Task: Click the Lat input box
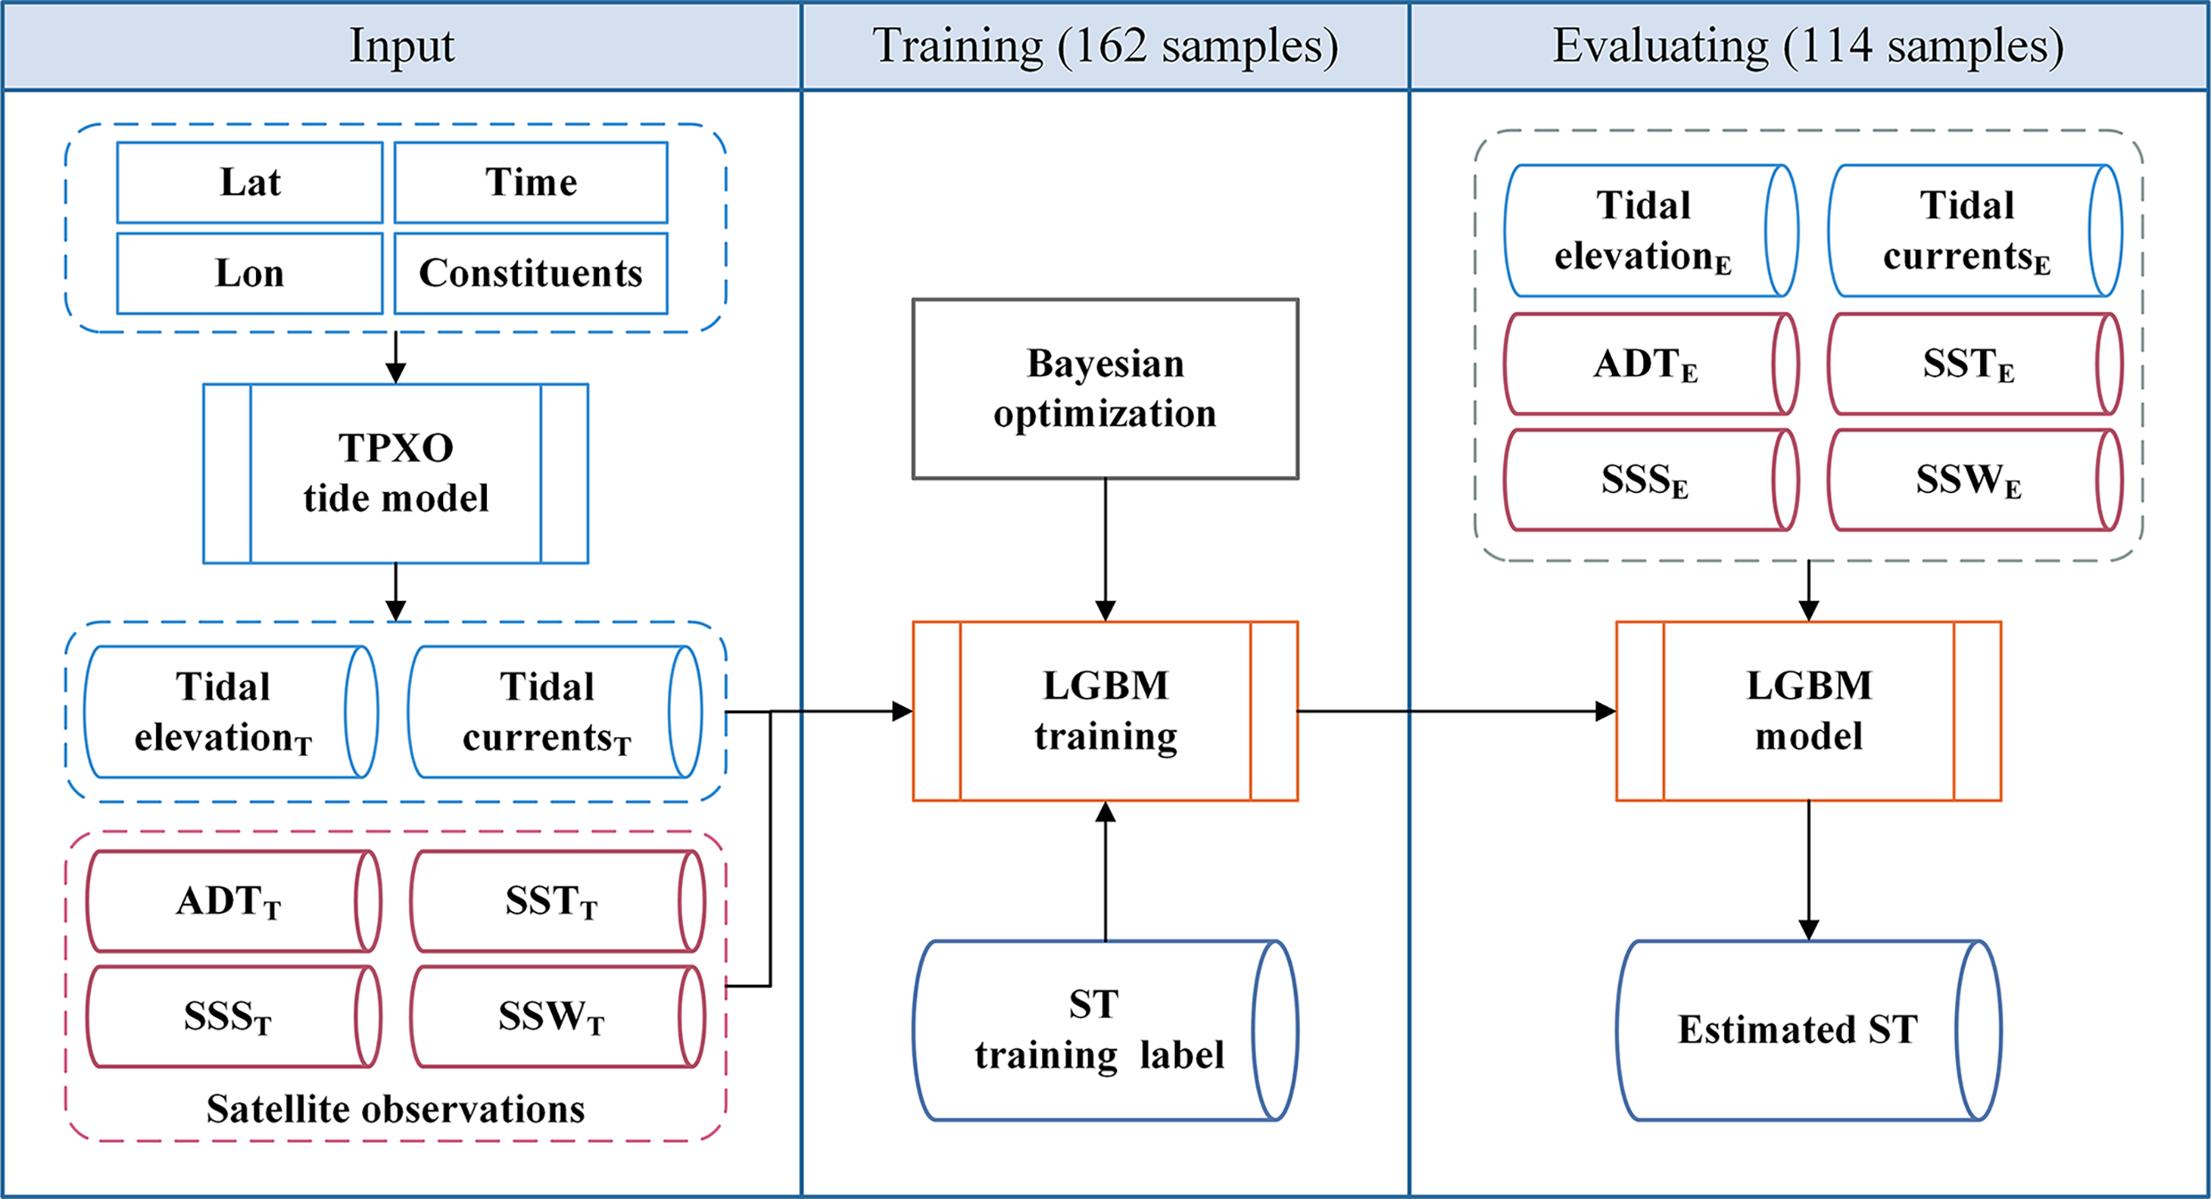point(250,183)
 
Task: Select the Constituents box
point(530,274)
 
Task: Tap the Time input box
point(530,183)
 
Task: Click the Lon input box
point(250,274)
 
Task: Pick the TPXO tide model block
point(396,473)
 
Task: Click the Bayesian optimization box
point(1105,389)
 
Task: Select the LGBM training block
point(1105,710)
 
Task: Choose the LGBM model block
point(1808,710)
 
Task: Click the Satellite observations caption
point(396,1109)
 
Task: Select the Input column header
point(401,45)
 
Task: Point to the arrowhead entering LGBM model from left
point(1605,711)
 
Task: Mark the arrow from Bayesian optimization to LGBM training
point(1105,548)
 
